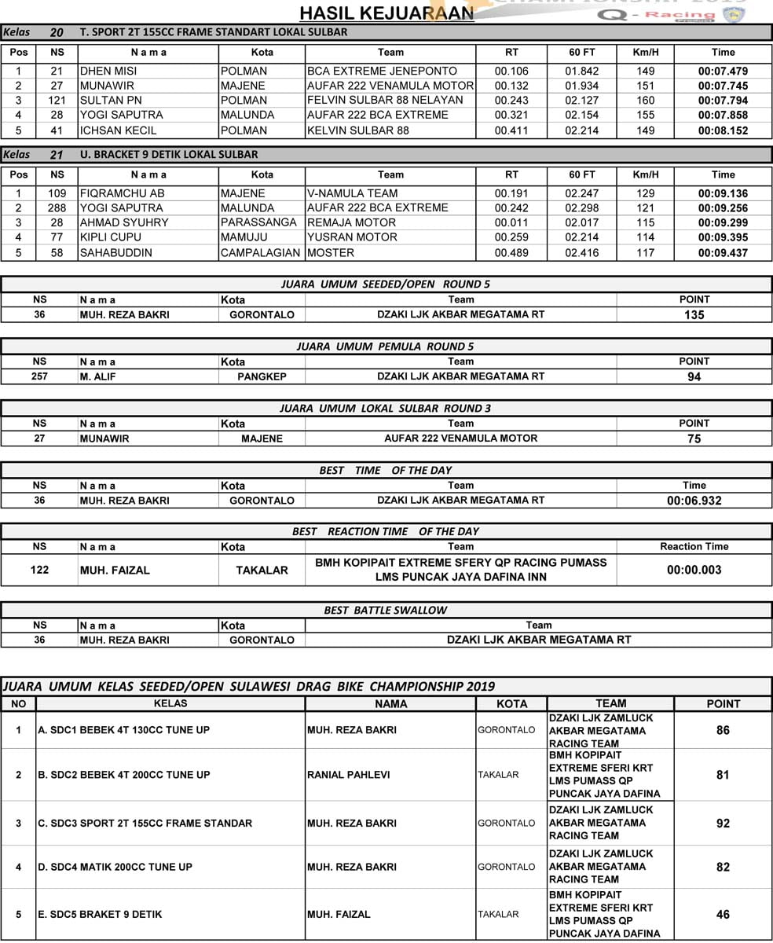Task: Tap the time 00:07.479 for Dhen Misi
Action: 723,71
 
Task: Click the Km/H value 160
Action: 645,101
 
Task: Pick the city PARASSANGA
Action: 260,223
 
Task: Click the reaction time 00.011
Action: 511,223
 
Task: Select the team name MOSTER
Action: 331,253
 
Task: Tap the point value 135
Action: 694,315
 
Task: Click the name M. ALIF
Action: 98,376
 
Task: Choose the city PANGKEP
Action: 262,376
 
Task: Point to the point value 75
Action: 694,438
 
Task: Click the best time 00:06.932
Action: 694,501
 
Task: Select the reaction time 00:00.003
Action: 694,570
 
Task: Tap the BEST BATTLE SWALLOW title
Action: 386,611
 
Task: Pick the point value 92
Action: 723,824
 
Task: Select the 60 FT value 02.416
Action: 581,253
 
